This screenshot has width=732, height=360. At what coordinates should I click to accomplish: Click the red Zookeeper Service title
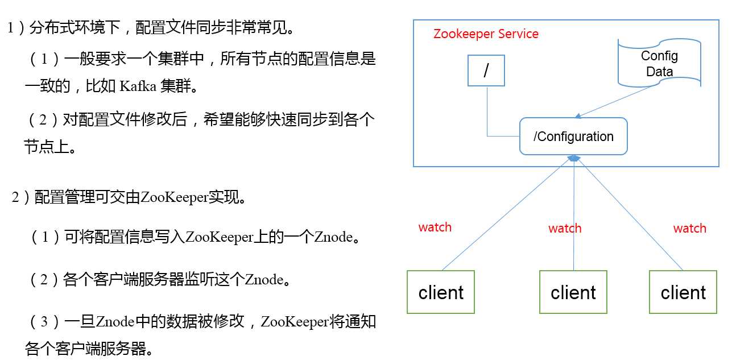[x=486, y=34]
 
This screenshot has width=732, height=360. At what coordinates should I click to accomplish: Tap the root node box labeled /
[x=486, y=71]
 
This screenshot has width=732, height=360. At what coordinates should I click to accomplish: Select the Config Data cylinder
[x=659, y=63]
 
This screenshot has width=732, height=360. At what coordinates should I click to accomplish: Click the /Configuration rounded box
[x=573, y=136]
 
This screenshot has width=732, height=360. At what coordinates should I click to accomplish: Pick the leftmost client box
[x=441, y=292]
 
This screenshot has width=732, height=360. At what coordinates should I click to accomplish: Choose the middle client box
[x=573, y=292]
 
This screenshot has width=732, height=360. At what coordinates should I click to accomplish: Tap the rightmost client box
[x=683, y=292]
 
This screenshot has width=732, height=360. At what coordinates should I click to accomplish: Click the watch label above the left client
[x=435, y=227]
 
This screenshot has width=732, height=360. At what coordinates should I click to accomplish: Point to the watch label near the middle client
[x=565, y=229]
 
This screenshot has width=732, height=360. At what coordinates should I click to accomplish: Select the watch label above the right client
[x=689, y=229]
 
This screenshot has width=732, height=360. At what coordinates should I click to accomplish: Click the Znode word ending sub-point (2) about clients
[x=264, y=280]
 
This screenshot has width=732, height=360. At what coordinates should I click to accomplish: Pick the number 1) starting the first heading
[x=14, y=28]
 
